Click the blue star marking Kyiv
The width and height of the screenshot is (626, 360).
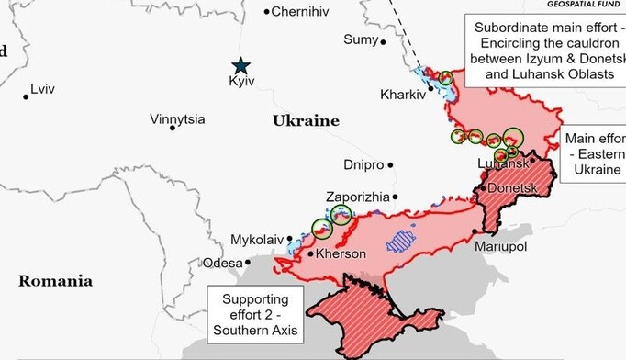(x=240, y=65)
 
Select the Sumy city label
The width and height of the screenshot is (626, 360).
(x=360, y=39)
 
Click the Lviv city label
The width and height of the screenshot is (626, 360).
(x=43, y=89)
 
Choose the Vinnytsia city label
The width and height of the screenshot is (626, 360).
(x=178, y=119)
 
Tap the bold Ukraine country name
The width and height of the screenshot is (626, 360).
(x=306, y=121)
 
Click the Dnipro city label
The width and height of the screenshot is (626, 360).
(x=363, y=165)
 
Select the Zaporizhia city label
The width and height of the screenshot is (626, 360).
(x=357, y=197)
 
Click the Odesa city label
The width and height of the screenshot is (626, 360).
(x=223, y=263)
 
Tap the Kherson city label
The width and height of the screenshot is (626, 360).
(x=341, y=253)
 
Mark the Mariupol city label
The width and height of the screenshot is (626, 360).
(x=500, y=247)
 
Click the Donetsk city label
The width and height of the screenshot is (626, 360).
(x=511, y=188)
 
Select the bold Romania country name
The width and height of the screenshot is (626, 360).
(x=55, y=281)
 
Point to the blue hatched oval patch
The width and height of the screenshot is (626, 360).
(x=400, y=241)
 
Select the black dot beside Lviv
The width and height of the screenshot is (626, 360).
(x=26, y=96)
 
